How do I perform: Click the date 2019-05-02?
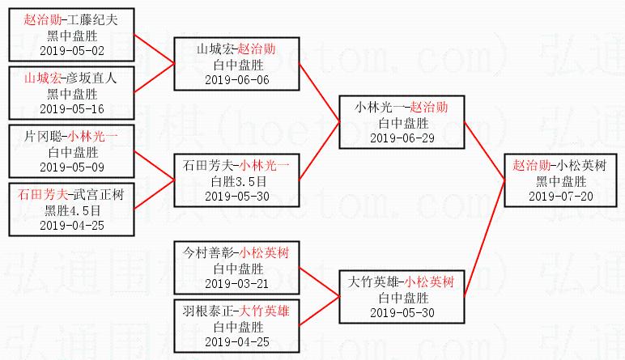click(x=66, y=49)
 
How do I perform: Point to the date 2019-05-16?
click(x=66, y=108)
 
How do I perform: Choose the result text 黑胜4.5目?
click(x=66, y=209)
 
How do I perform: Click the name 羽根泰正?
click(x=210, y=311)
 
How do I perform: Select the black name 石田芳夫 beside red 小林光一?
click(x=210, y=165)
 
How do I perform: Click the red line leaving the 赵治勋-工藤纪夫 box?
click(x=154, y=49)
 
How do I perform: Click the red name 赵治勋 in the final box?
click(x=531, y=165)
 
